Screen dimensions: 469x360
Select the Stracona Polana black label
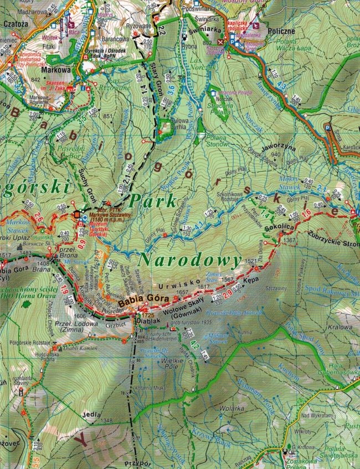pos(223,102)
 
